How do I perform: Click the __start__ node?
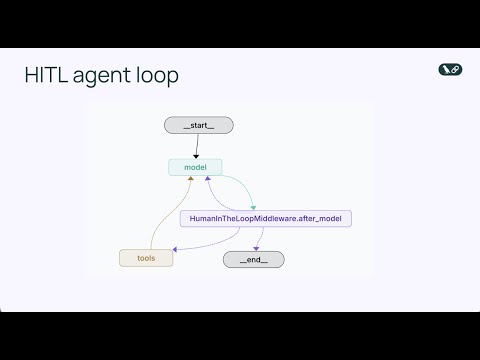pos(197,125)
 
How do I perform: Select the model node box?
pos(195,167)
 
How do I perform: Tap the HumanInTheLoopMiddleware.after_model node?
pos(265,218)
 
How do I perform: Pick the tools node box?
pos(146,258)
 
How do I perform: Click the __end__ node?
pos(253,259)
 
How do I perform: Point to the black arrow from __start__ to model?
pos(197,145)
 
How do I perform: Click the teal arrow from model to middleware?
pos(240,186)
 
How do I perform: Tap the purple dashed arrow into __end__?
pos(259,238)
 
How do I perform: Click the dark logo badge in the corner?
pos(449,69)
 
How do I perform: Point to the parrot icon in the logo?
pos(444,69)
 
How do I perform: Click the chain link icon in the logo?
pos(454,69)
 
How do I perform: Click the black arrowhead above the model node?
pos(197,155)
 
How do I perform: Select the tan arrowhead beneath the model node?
pos(190,179)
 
